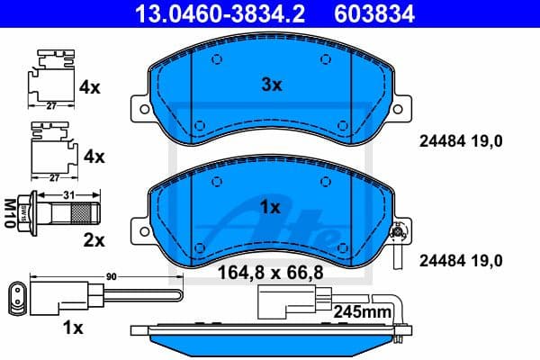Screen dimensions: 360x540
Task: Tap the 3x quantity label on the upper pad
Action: tap(272, 85)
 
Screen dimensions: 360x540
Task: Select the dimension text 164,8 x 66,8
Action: tap(273, 269)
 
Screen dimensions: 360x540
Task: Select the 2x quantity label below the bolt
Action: tap(94, 240)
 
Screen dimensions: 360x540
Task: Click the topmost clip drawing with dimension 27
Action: tap(53, 79)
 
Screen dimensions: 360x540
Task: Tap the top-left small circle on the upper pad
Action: tap(217, 61)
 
